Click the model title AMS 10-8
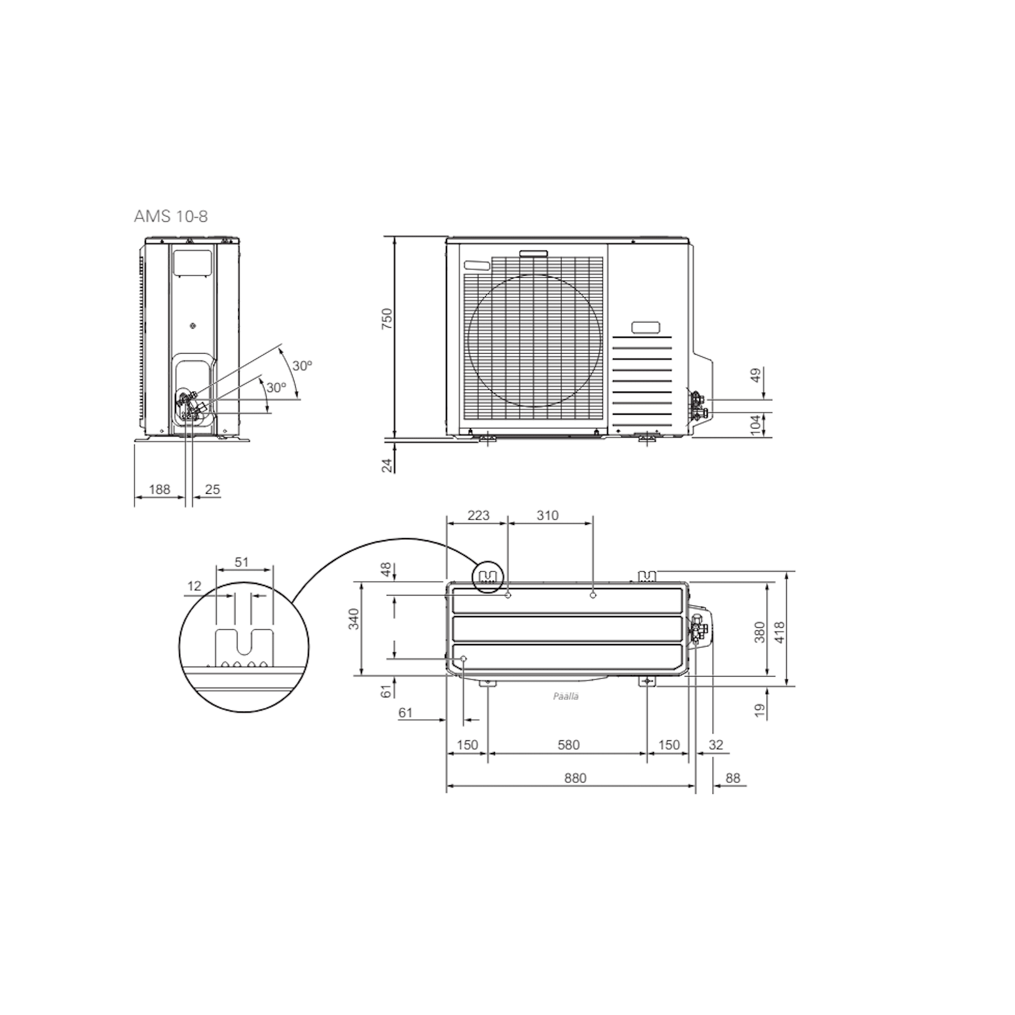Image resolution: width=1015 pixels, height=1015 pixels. (x=171, y=217)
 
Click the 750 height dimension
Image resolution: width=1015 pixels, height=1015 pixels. (x=387, y=319)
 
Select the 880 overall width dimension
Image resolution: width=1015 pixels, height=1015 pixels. (x=575, y=778)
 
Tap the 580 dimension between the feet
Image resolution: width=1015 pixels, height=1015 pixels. (x=568, y=745)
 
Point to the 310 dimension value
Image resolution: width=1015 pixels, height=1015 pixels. (x=548, y=515)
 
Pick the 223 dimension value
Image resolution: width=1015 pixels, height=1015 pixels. (x=479, y=515)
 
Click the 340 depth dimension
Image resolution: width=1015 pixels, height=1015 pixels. (x=354, y=619)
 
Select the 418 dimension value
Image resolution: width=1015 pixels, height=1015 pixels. (x=780, y=632)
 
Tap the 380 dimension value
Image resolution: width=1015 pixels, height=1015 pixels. (x=759, y=632)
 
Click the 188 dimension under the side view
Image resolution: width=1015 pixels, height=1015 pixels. (x=159, y=490)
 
